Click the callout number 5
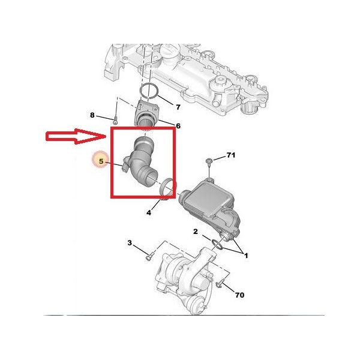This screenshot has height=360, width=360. [x=101, y=161]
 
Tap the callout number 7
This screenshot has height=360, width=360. [x=178, y=107]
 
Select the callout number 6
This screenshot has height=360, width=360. [x=178, y=126]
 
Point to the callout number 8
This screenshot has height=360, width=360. [x=92, y=115]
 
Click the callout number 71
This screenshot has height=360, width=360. [x=231, y=155]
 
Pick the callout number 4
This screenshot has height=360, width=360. [x=149, y=212]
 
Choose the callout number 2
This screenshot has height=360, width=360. [x=195, y=232]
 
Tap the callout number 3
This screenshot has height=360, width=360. [x=130, y=242]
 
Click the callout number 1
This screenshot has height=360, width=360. [x=246, y=256]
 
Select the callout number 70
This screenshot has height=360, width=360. [x=239, y=295]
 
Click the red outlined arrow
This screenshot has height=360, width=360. [x=76, y=136]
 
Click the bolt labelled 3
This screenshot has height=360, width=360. [x=149, y=256]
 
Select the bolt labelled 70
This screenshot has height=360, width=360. [x=220, y=284]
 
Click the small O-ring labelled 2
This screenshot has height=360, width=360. [x=217, y=244]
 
